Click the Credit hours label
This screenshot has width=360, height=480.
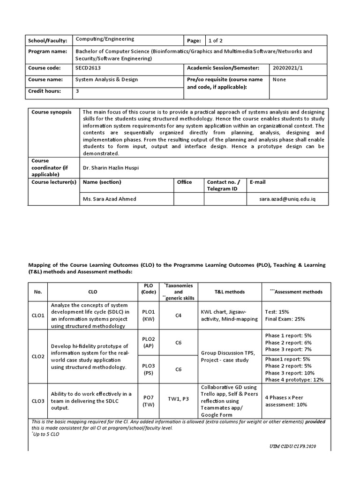click(45, 91)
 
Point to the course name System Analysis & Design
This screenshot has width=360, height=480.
click(107, 80)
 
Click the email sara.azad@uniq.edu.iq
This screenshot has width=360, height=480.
click(287, 199)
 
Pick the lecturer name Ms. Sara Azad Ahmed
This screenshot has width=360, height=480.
click(110, 199)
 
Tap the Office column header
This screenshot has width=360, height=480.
click(184, 182)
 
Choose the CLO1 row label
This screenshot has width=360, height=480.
click(38, 316)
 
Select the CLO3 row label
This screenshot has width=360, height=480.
click(38, 401)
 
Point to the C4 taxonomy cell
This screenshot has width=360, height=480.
click(178, 316)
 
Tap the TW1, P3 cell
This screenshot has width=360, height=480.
click(178, 401)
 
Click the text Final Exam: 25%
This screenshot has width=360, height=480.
click(285, 319)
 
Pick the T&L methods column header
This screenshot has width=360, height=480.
click(230, 292)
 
